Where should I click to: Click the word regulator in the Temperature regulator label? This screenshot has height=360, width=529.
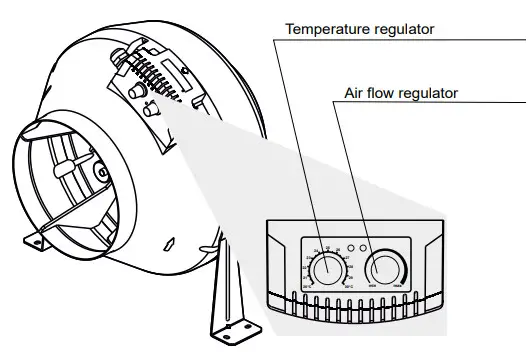[x=404, y=28]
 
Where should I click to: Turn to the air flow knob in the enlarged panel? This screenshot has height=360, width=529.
[x=385, y=267]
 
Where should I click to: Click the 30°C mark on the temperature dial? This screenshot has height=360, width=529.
[x=347, y=287]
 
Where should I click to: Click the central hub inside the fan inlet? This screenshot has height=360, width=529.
[x=101, y=173]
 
